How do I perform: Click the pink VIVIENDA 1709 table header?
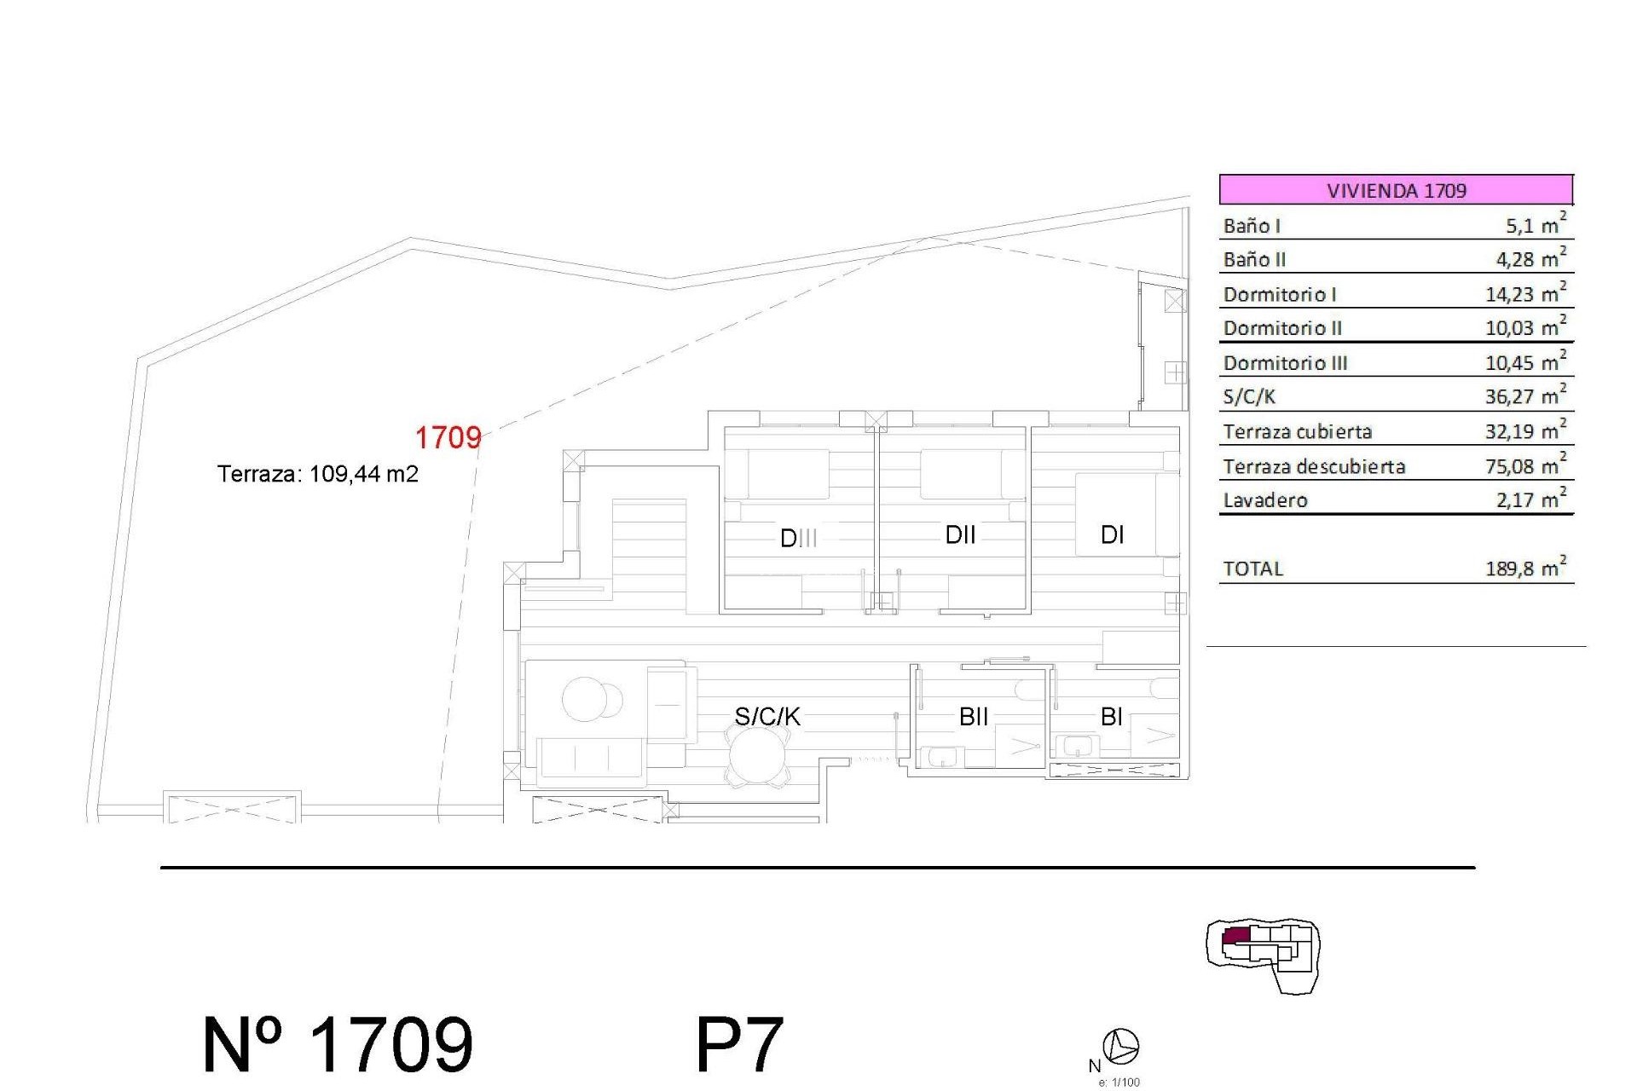click(1396, 189)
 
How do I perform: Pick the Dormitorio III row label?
click(1285, 363)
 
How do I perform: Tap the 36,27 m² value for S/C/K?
click(1525, 396)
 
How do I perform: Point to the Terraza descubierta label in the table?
click(1314, 466)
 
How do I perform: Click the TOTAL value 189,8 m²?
click(1525, 569)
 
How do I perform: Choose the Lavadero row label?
click(1265, 500)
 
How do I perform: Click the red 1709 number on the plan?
click(448, 437)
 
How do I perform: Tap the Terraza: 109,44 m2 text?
click(318, 474)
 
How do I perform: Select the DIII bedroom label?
click(799, 538)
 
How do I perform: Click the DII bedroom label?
click(960, 534)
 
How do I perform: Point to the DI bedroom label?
click(1112, 534)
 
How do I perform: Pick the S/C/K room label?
click(767, 717)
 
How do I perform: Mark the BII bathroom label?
click(974, 717)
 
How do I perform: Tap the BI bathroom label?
click(1111, 717)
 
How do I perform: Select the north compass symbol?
click(1121, 1046)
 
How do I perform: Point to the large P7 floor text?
click(739, 1045)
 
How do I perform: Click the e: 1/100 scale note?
click(1119, 1082)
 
